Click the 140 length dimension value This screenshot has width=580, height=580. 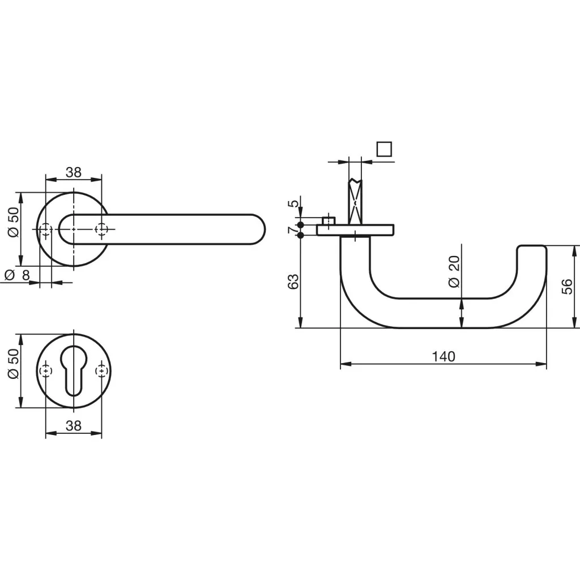click(x=443, y=356)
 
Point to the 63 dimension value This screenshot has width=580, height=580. click(x=293, y=282)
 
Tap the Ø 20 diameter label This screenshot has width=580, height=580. click(x=453, y=271)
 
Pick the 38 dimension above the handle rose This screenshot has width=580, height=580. click(x=74, y=172)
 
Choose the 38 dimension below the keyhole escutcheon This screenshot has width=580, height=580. click(x=74, y=425)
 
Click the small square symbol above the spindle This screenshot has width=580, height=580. click(x=385, y=149)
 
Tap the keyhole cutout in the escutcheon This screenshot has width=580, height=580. click(x=74, y=371)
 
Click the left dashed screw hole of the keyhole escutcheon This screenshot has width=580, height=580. click(x=46, y=371)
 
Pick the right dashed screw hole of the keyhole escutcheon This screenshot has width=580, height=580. click(x=101, y=371)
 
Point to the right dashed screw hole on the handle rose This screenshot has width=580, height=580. click(x=102, y=229)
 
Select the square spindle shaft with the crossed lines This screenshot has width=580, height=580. click(x=355, y=201)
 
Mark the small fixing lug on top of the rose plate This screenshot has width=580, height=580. click(x=329, y=220)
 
